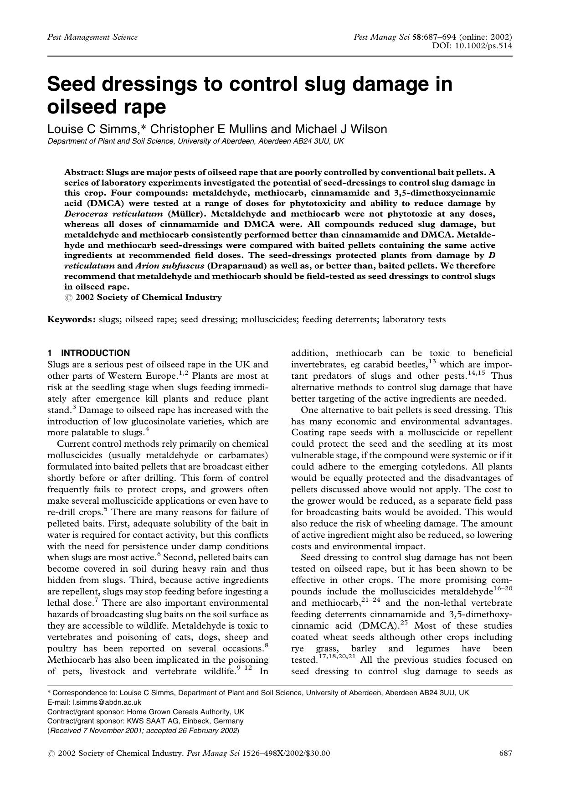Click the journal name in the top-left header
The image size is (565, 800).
click(92, 37)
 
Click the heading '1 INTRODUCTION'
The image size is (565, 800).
click(88, 353)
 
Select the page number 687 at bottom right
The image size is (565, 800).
click(506, 754)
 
